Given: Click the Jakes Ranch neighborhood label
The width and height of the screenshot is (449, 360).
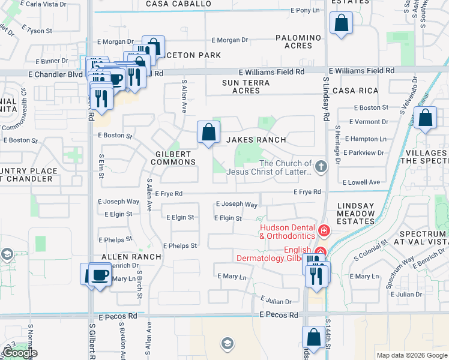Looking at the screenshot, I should coord(256,140).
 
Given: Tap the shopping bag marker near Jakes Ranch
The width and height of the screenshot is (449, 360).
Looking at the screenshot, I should coord(208,132).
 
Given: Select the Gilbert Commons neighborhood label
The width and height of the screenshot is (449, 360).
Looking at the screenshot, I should coord(173,157).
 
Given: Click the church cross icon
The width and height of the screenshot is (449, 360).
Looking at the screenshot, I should coord(321,167).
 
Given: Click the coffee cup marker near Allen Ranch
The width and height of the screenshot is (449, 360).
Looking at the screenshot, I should coord(100,275).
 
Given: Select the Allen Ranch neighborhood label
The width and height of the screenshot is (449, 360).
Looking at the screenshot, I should coord(131,256).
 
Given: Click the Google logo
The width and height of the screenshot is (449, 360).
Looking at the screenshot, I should coord(20,353).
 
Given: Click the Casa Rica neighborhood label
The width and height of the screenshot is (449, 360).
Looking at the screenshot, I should coord(355,91).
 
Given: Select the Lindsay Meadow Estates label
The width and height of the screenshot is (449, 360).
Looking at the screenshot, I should coord(355,214).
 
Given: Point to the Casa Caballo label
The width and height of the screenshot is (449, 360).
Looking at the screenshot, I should coord(179,4).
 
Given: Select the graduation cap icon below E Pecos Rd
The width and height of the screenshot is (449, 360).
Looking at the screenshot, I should coord(227,343).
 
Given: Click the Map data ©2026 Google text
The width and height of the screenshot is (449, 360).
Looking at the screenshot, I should coord(411,355).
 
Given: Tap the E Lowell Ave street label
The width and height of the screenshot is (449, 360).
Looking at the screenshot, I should coord(361,182).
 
